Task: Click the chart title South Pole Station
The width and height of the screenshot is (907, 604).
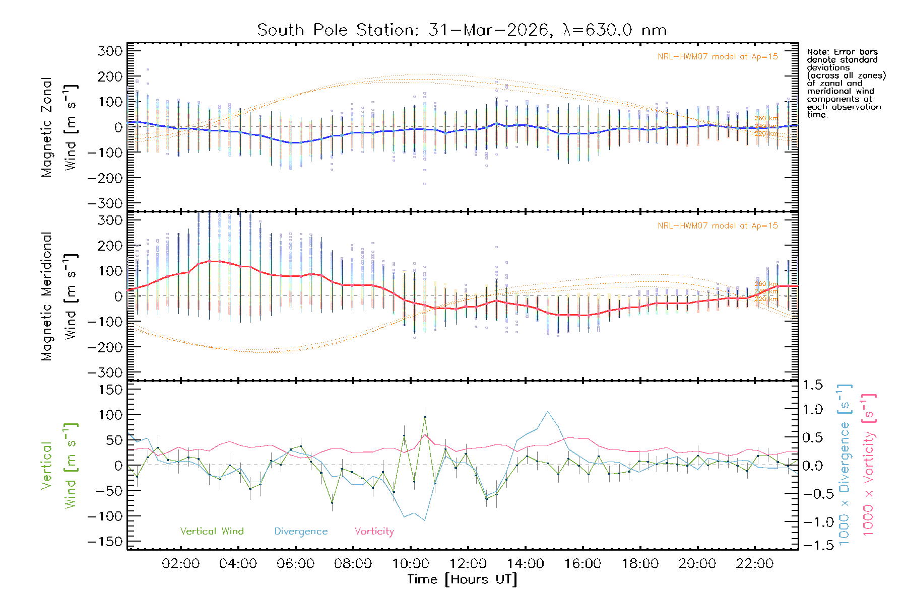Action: coord(462,30)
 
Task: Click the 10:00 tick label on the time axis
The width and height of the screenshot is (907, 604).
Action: coord(411,564)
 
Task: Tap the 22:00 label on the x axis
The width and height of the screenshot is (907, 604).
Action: coord(754,564)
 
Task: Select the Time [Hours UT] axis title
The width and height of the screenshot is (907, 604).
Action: coord(462,579)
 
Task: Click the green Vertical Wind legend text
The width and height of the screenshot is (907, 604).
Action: coord(212,532)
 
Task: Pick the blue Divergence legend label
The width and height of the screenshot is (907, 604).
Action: coord(301,532)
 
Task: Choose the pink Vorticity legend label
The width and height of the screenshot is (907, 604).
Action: coord(374,532)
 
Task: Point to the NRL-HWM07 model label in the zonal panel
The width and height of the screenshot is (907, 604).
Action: coord(718,57)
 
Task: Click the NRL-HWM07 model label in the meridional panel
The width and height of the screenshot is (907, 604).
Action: coord(718,226)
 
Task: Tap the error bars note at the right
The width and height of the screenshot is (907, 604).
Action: coord(846,83)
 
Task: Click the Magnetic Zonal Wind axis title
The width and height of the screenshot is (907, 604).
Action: coord(59,127)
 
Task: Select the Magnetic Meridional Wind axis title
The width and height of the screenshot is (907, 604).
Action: coord(59,296)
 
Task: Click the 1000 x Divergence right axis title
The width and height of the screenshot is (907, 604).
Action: coord(845,465)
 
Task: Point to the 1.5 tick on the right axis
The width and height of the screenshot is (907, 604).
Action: coord(813,385)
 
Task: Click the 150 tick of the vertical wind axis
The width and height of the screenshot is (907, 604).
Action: coord(111,390)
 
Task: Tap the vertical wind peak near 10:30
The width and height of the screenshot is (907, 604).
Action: coord(425,417)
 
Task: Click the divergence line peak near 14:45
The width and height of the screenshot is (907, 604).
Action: coord(548,412)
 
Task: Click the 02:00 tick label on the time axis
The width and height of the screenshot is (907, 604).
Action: coord(180,564)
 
